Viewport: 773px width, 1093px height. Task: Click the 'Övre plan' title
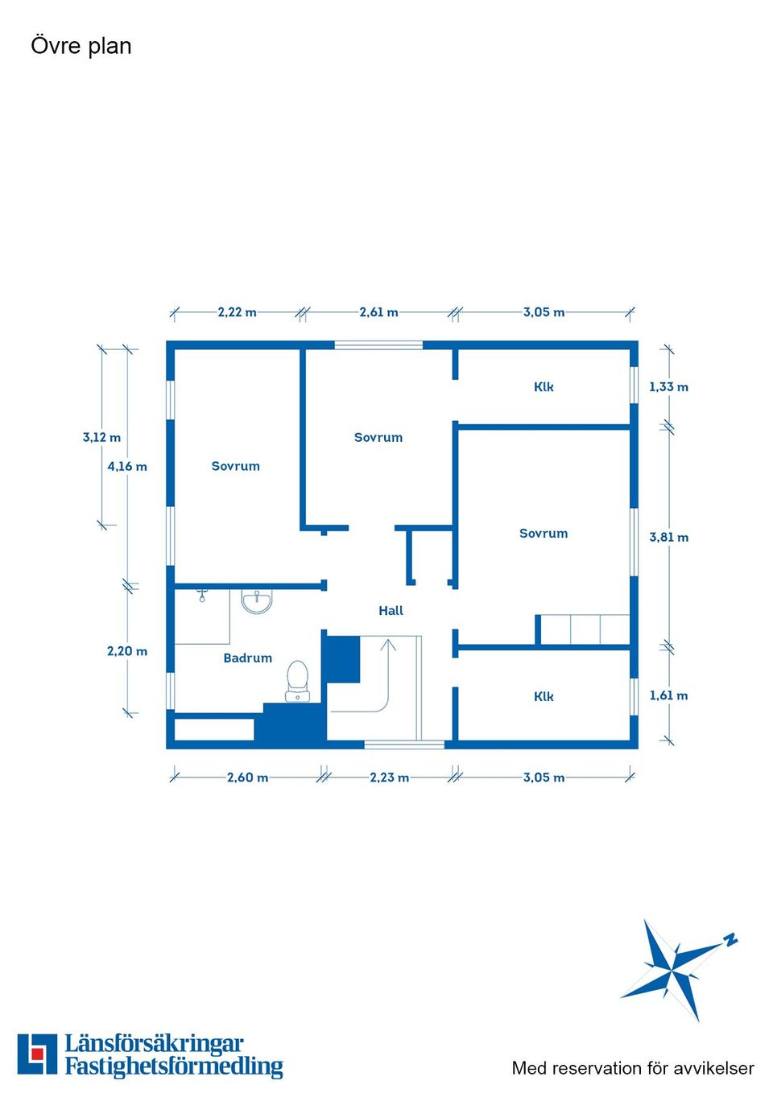(81, 46)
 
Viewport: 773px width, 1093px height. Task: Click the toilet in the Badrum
(297, 681)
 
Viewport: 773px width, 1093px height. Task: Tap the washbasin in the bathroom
(257, 601)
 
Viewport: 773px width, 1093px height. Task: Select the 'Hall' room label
(391, 611)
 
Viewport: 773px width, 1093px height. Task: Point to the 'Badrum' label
(247, 658)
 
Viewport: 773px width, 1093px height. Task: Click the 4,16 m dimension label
(127, 467)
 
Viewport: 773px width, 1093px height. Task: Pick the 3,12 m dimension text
(101, 438)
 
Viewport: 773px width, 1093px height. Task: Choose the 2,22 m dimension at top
(237, 312)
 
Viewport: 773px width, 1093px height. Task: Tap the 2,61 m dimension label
(378, 312)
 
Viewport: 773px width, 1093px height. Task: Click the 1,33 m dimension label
(668, 387)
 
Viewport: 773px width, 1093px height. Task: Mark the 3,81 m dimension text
(668, 538)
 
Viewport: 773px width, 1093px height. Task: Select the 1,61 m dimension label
(668, 696)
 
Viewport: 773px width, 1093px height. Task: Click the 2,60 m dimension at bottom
(247, 777)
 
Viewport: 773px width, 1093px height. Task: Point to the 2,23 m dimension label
(389, 777)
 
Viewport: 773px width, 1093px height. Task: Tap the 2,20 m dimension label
(127, 651)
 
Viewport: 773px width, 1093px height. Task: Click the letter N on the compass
(730, 939)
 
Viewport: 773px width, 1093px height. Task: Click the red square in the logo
(37, 1054)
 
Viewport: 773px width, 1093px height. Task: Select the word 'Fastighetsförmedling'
(174, 1067)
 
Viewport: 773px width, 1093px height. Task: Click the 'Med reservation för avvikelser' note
(633, 1069)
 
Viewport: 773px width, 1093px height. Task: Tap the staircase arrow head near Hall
(389, 644)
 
